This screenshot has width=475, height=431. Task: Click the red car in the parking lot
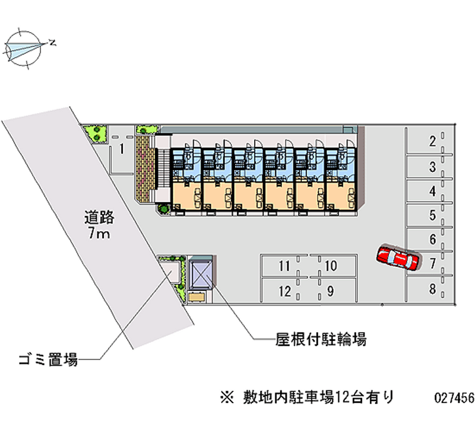[397, 258]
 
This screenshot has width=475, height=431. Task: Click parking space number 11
[285, 266]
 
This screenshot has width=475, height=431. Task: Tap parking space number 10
[331, 266]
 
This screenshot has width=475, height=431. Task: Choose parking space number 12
[285, 290]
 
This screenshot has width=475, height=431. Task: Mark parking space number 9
[331, 290]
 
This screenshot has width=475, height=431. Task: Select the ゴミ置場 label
[49, 359]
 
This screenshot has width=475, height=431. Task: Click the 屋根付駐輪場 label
[321, 340]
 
